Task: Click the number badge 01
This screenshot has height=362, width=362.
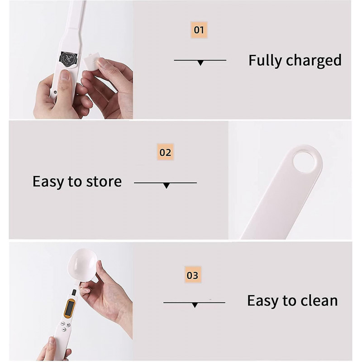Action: point(199,30)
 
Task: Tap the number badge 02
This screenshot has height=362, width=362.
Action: point(166,152)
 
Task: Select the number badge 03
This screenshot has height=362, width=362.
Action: point(193,275)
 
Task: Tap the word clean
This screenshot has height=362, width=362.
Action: point(318,300)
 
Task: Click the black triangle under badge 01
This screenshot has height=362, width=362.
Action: point(200,63)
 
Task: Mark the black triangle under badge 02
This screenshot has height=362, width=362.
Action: point(166,186)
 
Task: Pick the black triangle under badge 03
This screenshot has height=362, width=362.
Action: point(195,305)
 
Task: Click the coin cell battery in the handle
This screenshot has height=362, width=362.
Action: point(69,59)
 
